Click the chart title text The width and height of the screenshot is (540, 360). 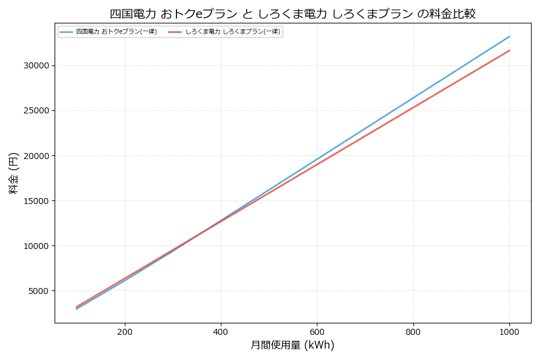click(292, 13)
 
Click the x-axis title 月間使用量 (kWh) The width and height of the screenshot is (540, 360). click(292, 345)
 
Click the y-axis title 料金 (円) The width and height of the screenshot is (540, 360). click(13, 173)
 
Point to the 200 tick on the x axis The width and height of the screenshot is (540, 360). click(125, 331)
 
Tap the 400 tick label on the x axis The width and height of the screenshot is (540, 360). click(221, 331)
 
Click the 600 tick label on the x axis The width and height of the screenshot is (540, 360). click(317, 331)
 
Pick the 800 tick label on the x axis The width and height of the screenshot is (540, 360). click(413, 331)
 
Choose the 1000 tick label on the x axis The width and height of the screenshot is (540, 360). click(509, 331)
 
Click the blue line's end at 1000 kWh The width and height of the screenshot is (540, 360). click(509, 36)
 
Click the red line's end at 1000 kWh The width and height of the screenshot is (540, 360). click(509, 50)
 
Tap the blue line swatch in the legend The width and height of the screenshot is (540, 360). click(66, 32)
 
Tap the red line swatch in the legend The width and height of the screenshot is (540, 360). click(175, 32)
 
